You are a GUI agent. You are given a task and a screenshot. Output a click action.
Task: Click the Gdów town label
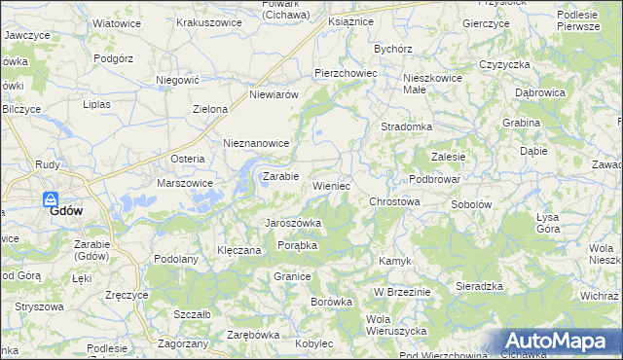[65, 211]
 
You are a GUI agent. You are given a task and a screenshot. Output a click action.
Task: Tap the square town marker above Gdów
[54, 198]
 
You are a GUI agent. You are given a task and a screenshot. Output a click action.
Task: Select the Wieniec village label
[331, 185]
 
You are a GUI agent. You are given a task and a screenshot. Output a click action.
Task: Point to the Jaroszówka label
[294, 223]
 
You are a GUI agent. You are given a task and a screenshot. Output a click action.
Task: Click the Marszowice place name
[185, 182]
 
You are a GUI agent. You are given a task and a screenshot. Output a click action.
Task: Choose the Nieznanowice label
[257, 142]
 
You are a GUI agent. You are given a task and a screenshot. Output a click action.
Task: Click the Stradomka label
[406, 126]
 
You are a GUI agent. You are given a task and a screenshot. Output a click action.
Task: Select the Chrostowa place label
[394, 201]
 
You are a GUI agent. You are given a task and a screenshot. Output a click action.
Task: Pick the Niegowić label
[177, 83]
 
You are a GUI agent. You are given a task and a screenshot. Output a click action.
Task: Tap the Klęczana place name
[238, 250]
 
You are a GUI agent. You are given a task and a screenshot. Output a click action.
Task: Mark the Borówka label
[331, 302]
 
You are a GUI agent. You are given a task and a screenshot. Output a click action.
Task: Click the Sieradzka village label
[479, 286]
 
